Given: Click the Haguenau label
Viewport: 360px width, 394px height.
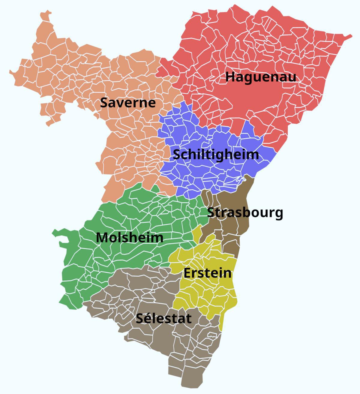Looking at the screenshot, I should coord(260,77).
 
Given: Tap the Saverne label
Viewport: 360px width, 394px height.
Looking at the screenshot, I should coord(128,103).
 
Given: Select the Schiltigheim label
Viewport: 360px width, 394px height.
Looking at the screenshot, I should coord(216,155).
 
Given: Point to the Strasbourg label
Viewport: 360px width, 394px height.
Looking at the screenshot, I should coord(245,212).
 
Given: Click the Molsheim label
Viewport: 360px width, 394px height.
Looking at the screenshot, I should coord(130,238).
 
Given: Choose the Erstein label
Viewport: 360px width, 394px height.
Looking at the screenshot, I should coord(207,273).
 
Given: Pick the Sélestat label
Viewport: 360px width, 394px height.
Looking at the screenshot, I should coord(163,318).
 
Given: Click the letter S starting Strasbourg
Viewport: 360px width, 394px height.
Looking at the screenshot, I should coord(211,212).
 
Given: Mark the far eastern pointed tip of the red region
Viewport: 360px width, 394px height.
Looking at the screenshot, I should coord(351,36).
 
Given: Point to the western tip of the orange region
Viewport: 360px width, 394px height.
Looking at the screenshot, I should coord(10,72).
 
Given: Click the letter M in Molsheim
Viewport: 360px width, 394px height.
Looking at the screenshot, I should coord(101,238).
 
